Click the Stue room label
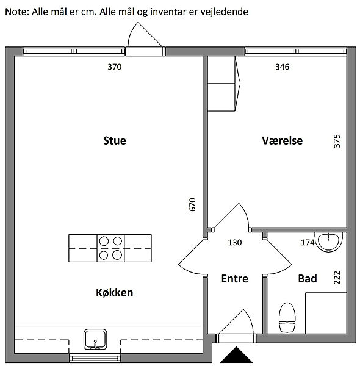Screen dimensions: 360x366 (114, 140)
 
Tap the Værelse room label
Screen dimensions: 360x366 (282, 140)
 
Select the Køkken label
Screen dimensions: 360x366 (114, 292)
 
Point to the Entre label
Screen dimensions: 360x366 (235, 279)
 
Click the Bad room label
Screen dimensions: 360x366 (308, 279)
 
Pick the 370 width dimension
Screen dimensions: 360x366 (114, 66)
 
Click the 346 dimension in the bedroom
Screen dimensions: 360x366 (283, 66)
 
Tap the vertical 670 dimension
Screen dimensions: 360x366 (192, 204)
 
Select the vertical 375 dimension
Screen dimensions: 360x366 (337, 141)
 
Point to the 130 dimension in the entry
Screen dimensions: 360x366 (235, 243)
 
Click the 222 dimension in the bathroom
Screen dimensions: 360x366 (337, 278)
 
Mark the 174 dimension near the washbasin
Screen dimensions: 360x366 (308, 243)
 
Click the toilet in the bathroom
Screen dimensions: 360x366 (287, 317)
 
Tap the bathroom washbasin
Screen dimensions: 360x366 (328, 242)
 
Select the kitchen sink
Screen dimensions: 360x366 (95, 339)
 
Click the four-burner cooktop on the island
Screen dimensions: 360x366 (110, 248)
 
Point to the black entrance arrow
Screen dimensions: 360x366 (236, 355)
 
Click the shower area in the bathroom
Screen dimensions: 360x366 (326, 313)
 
